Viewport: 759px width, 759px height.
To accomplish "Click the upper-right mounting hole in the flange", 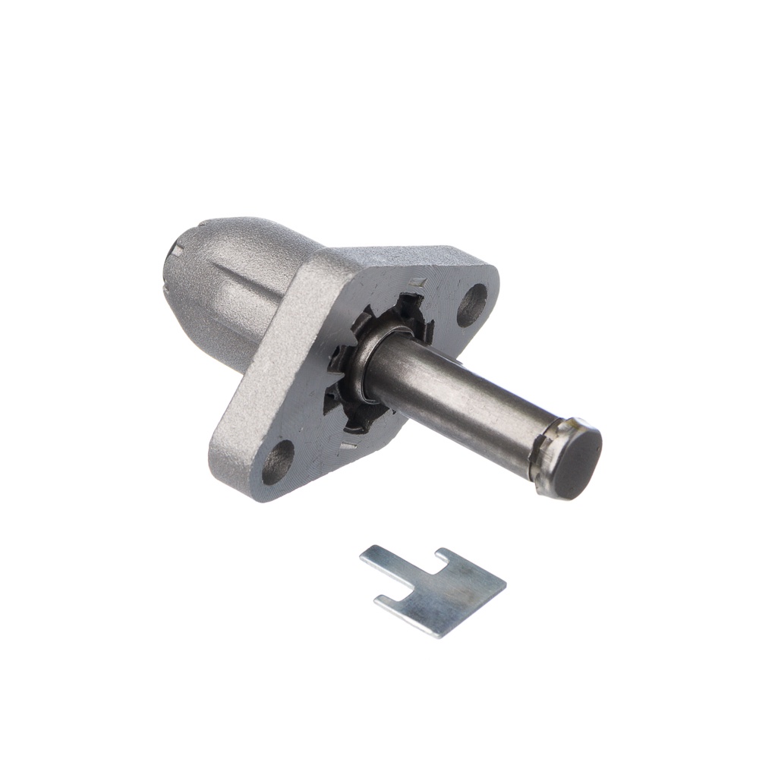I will pyautogui.click(x=472, y=304).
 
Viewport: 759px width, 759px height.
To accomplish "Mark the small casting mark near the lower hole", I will pyautogui.click(x=348, y=446).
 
